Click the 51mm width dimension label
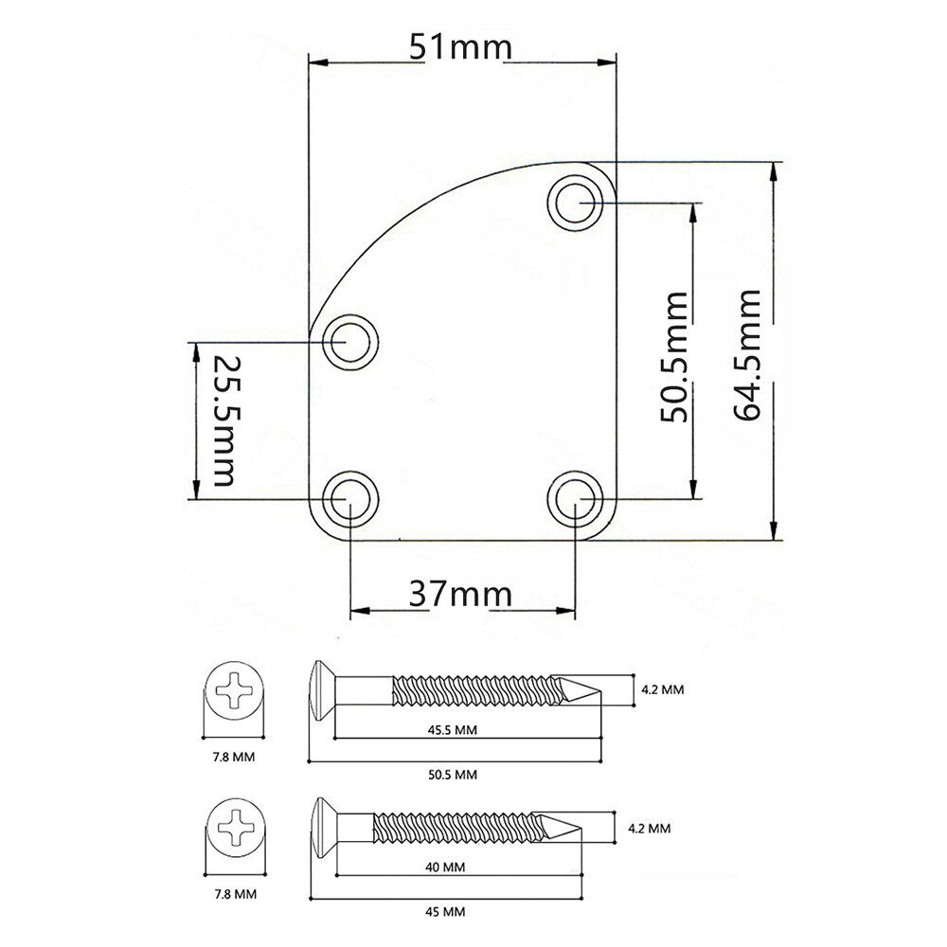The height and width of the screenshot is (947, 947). [x=461, y=46]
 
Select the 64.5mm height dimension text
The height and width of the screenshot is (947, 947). [x=747, y=354]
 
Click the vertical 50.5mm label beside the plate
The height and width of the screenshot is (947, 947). [x=674, y=356]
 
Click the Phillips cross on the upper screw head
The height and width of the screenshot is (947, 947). [x=235, y=689]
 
